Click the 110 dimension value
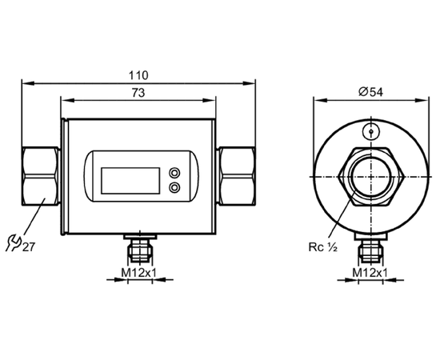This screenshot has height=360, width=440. pyautogui.click(x=138, y=75)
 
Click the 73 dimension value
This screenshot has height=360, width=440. pyautogui.click(x=138, y=93)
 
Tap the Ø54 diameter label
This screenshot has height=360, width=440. pyautogui.click(x=370, y=92)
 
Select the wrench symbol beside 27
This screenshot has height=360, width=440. pyautogui.click(x=14, y=243)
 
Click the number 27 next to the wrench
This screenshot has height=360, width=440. pyautogui.click(x=28, y=247)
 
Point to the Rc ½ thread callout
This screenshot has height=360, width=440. pyautogui.click(x=322, y=247)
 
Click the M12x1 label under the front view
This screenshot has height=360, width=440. pyautogui.click(x=138, y=273)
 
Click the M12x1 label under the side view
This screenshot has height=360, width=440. pyautogui.click(x=370, y=273)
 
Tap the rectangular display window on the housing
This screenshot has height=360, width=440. pyautogui.click(x=130, y=181)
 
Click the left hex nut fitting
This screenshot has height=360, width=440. pyautogui.click(x=41, y=176)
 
